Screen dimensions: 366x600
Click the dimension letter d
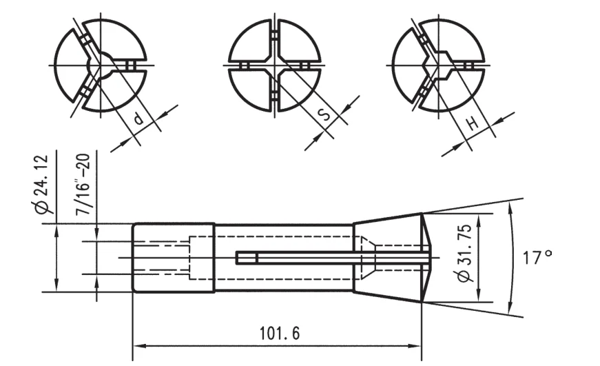(x=138, y=119)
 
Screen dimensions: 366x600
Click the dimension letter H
(x=472, y=124)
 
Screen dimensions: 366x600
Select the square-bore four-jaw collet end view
(x=275, y=65)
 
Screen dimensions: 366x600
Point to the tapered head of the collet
(x=389, y=258)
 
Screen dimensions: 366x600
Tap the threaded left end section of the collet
(x=173, y=258)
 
